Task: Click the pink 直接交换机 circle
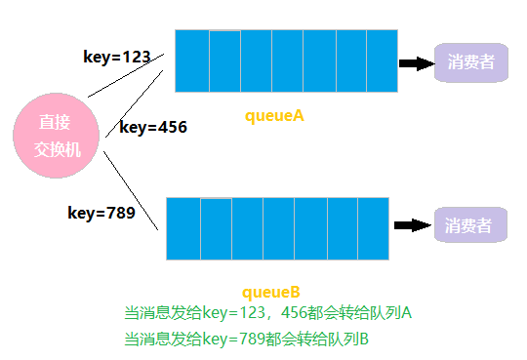click(55, 137)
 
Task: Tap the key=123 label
click(116, 58)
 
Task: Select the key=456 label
click(153, 127)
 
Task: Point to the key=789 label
click(101, 213)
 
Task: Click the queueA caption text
click(274, 115)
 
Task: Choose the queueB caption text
click(270, 292)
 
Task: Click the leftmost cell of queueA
click(192, 60)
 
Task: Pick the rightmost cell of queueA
click(383, 60)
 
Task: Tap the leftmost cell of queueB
click(183, 228)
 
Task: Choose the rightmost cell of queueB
click(373, 228)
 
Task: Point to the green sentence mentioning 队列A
click(268, 313)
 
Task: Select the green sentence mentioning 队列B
click(246, 339)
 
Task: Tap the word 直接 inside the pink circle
click(55, 123)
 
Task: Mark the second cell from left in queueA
click(224, 60)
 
